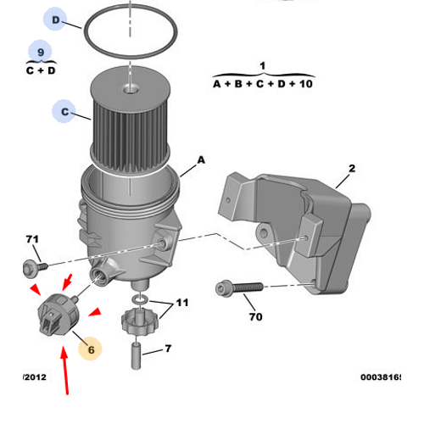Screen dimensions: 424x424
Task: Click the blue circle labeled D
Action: (56, 20)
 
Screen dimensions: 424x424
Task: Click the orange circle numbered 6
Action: (89, 348)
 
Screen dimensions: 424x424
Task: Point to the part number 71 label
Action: (32, 241)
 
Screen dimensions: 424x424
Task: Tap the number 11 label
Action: (182, 303)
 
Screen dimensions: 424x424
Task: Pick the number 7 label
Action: (168, 349)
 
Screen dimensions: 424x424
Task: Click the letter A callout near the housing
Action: (201, 159)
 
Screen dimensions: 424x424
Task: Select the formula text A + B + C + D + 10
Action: (262, 85)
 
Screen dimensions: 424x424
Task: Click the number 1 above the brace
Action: (262, 65)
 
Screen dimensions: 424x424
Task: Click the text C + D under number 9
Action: (40, 70)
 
